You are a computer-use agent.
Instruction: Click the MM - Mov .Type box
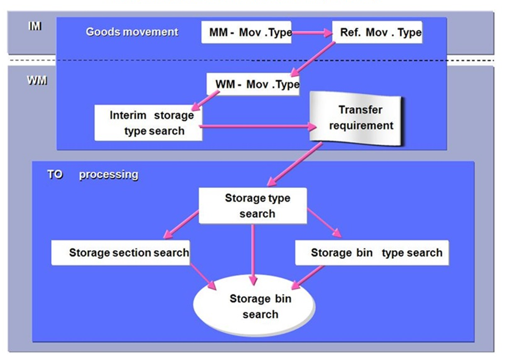pyautogui.click(x=247, y=32)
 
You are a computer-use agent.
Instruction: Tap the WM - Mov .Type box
pyautogui.click(x=253, y=84)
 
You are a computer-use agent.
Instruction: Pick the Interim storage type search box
pyautogui.click(x=148, y=123)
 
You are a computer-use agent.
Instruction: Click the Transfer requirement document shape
pyautogui.click(x=361, y=118)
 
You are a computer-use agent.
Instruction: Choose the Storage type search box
pyautogui.click(x=252, y=205)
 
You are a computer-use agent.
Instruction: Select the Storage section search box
pyautogui.click(x=121, y=253)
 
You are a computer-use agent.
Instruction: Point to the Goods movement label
pyautogui.click(x=132, y=32)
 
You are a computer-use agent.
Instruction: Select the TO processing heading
pyautogui.click(x=92, y=175)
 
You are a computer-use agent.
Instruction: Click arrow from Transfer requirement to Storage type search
pyautogui.click(x=294, y=164)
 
